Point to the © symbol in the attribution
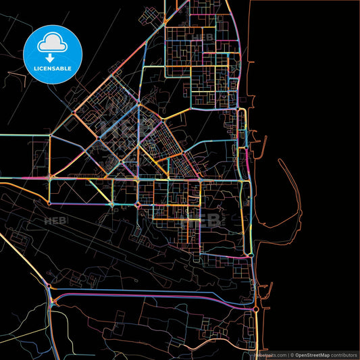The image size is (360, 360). coord(292,355)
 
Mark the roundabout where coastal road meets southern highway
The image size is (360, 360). coord(256,309)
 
